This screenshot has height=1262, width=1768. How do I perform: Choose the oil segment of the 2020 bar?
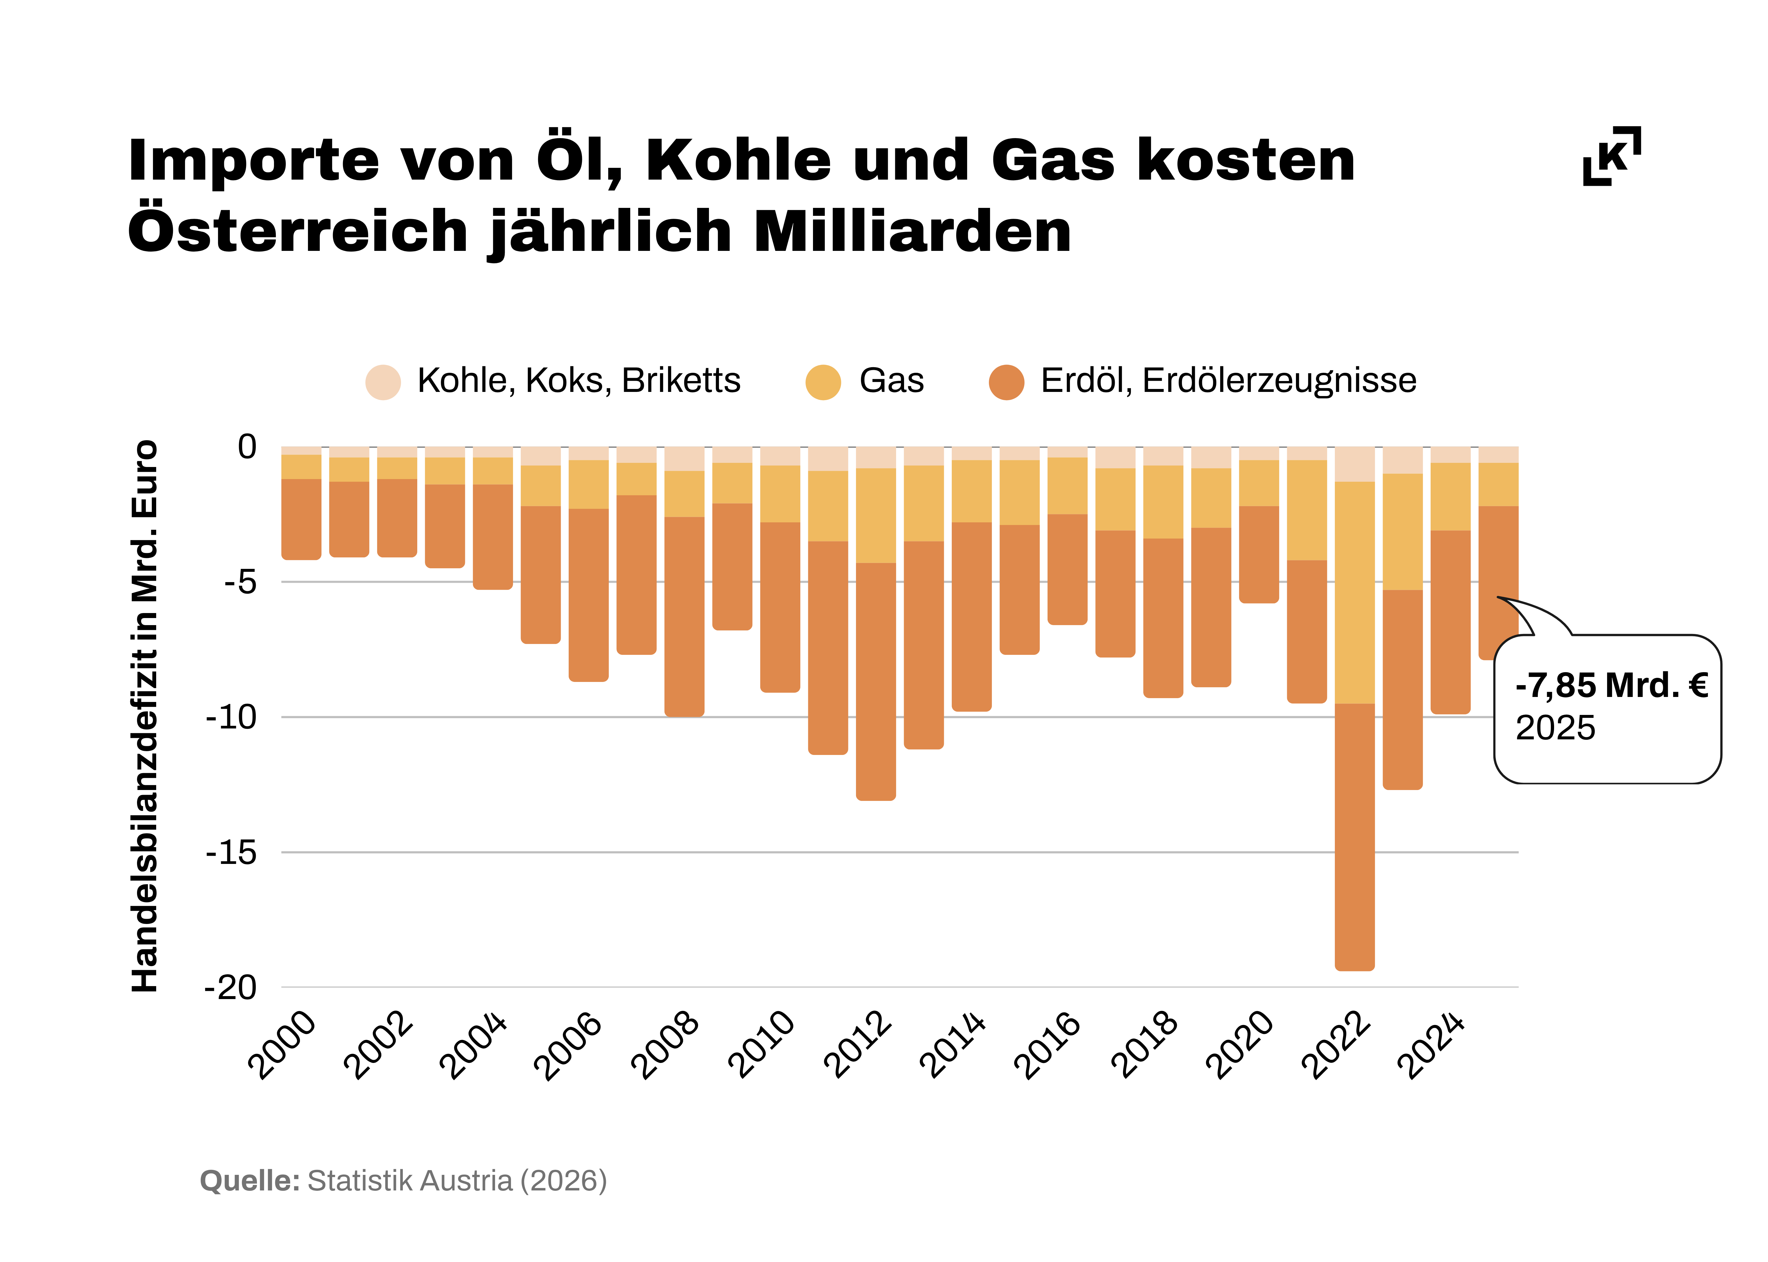pyautogui.click(x=1259, y=553)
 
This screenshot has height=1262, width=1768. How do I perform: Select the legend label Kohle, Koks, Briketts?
pyautogui.click(x=578, y=381)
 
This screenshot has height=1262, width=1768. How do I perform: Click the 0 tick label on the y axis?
pyautogui.click(x=247, y=447)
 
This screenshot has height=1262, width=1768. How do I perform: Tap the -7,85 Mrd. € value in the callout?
pyautogui.click(x=1611, y=685)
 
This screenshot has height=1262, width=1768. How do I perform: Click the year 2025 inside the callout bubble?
pyautogui.click(x=1555, y=728)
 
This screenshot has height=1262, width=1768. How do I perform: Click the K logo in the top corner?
pyautogui.click(x=1612, y=155)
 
